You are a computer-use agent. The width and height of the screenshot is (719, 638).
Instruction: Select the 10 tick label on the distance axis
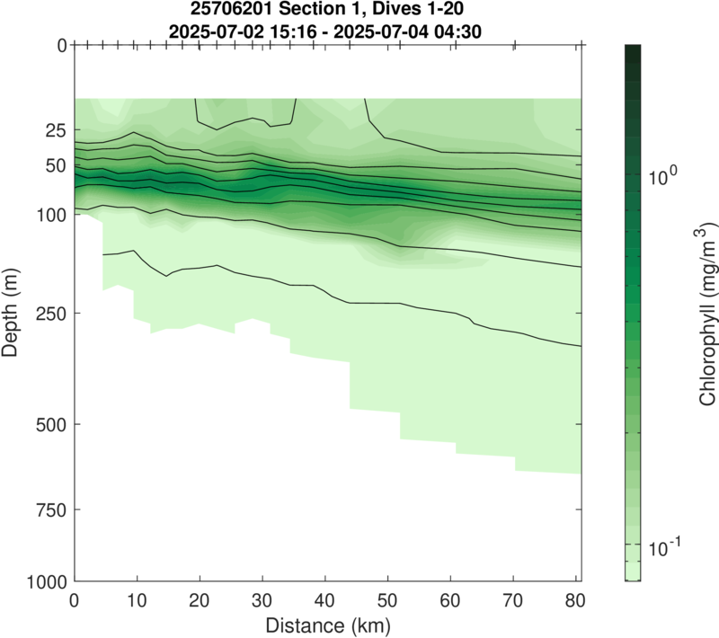click(x=137, y=599)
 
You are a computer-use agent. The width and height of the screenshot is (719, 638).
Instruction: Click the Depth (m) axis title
click(x=12, y=313)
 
